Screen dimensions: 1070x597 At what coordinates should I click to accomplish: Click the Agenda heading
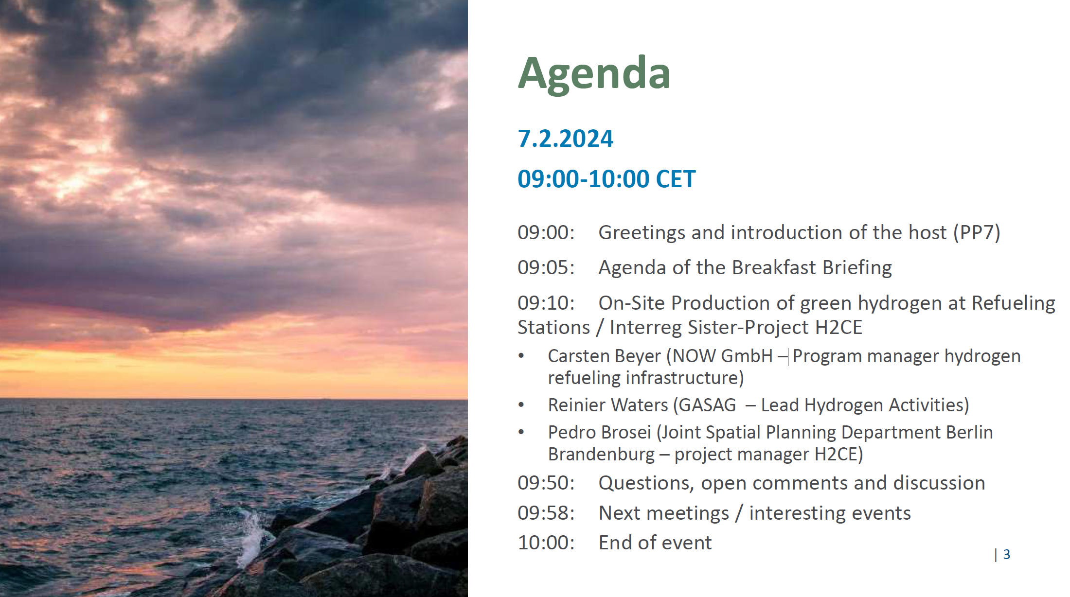pos(594,74)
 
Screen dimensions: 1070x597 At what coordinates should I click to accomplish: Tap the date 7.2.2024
pos(565,139)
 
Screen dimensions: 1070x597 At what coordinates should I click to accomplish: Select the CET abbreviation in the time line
pos(676,179)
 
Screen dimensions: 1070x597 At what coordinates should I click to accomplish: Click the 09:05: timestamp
pos(546,267)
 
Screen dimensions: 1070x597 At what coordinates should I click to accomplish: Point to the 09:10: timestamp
pos(546,303)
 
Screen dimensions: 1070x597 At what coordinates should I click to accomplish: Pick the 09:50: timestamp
pos(546,483)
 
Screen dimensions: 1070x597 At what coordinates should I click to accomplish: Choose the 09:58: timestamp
pos(546,513)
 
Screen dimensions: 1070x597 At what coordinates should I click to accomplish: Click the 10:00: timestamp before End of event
pos(546,543)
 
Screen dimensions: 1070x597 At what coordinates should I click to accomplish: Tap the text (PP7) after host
pos(977,232)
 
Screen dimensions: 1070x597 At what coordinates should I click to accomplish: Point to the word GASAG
pos(708,405)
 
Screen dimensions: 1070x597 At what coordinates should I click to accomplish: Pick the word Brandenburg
pos(601,455)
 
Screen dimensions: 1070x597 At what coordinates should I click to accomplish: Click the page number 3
pos(1007,554)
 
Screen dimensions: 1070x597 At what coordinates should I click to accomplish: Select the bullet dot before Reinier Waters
pos(521,404)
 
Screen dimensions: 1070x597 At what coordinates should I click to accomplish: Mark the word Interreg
pos(645,328)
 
